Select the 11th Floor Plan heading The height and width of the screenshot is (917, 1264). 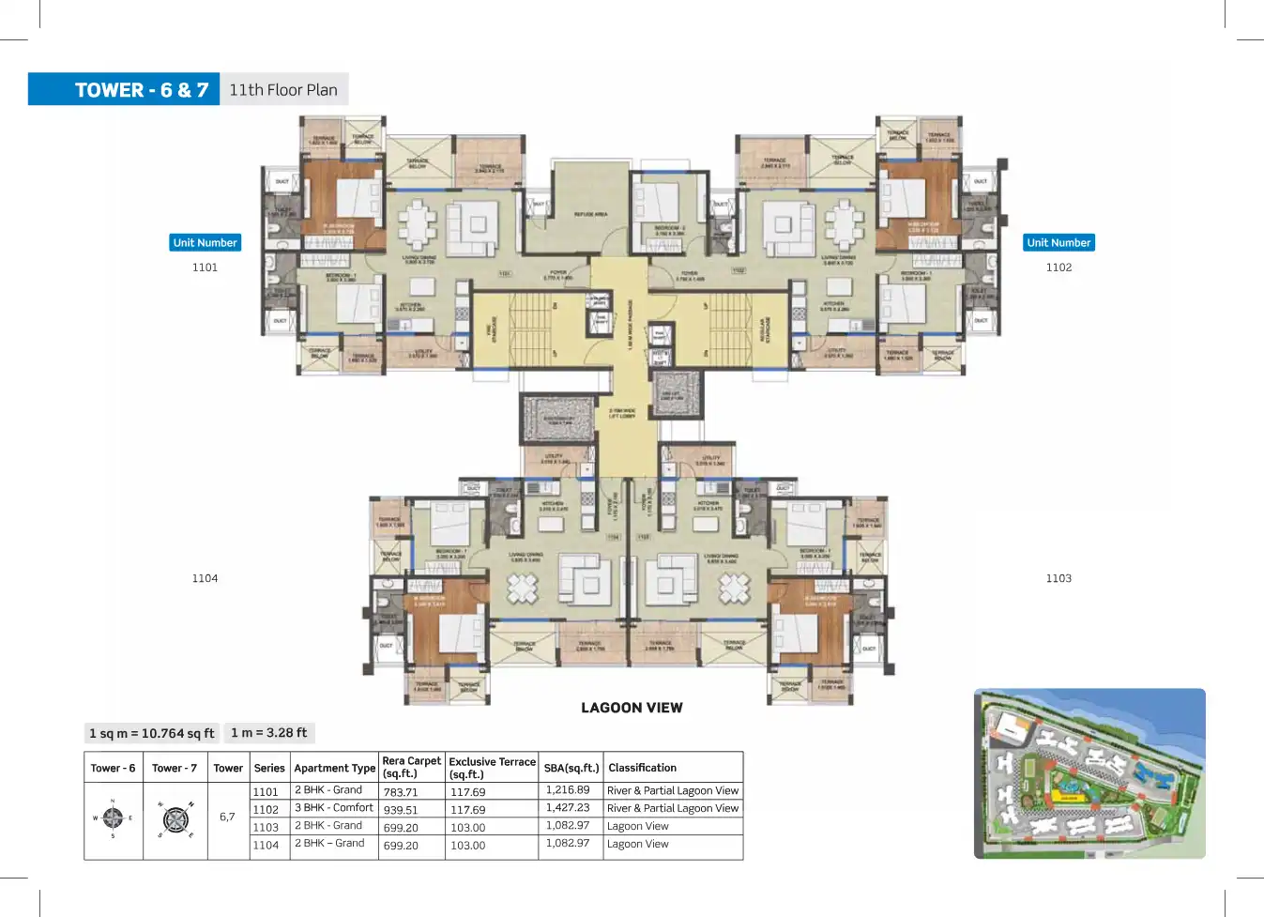click(x=283, y=90)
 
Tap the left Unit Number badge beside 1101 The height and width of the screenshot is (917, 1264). click(x=205, y=242)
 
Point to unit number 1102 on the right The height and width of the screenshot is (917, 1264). click(x=1058, y=267)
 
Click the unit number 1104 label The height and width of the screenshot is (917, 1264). click(x=205, y=578)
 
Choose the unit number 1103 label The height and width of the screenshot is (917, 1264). click(x=1058, y=578)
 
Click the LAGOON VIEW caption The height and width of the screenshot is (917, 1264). click(x=632, y=708)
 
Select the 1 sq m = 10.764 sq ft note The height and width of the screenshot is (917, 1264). click(x=151, y=733)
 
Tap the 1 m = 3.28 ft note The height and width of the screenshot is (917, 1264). click(x=269, y=732)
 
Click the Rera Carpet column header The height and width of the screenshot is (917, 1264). click(x=411, y=767)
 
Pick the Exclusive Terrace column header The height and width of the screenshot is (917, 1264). click(x=492, y=768)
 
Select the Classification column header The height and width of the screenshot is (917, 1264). click(x=642, y=768)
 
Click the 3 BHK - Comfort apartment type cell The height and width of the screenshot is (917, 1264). click(x=334, y=808)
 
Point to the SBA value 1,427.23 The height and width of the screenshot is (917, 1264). click(x=568, y=808)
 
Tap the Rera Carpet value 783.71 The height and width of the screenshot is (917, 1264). click(x=401, y=792)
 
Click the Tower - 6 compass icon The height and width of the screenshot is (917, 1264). click(x=113, y=818)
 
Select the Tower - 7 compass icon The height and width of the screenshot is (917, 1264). click(x=175, y=819)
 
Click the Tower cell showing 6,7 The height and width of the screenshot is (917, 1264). click(x=227, y=817)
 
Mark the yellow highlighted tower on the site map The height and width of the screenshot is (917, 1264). click(x=1067, y=796)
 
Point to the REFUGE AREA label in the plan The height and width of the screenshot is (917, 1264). click(x=590, y=214)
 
